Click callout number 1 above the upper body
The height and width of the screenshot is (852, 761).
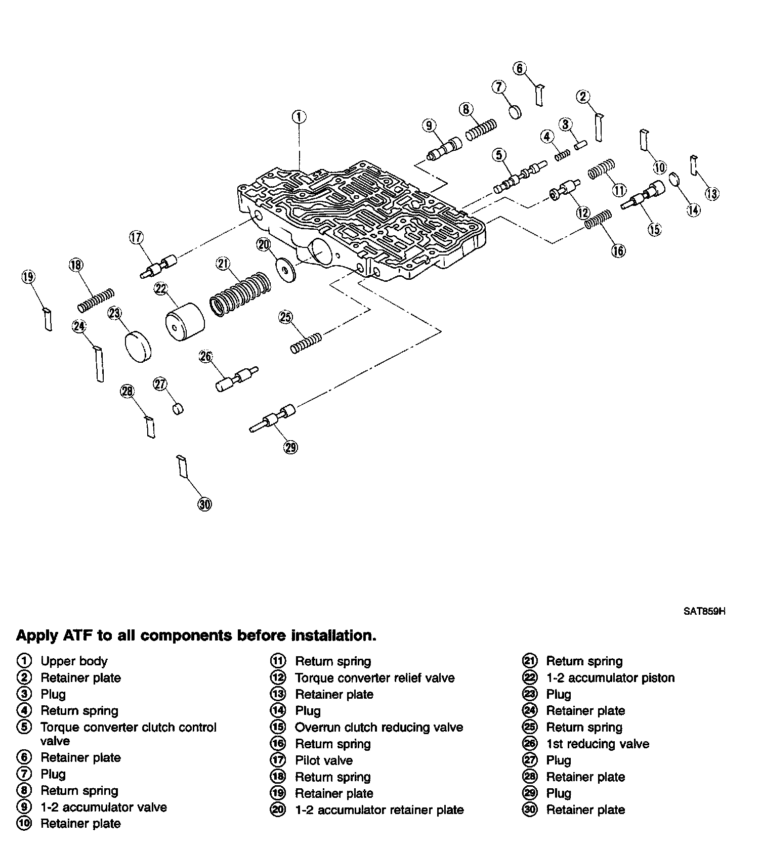pos(299,117)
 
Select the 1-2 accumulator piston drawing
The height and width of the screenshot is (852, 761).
pos(185,322)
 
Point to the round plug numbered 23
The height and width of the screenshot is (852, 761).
pos(139,346)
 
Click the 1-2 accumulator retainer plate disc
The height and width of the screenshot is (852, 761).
pos(286,270)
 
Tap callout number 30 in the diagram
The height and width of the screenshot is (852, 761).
pos(204,504)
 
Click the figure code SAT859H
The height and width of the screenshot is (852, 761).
pos(704,611)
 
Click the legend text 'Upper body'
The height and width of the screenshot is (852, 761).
pos(74,661)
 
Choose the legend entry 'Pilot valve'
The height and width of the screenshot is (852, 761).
pos(324,760)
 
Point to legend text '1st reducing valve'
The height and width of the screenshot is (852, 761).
pos(598,744)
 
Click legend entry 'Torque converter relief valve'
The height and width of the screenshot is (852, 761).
pos(374,677)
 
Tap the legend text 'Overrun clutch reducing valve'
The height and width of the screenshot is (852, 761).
pos(379,727)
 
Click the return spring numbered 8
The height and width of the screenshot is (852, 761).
pos(481,129)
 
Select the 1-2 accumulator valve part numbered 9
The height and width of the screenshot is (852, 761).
pos(444,148)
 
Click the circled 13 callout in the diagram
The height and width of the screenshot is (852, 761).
pos(712,194)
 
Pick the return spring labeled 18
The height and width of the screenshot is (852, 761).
pos(96,301)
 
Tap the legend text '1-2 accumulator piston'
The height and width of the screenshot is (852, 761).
pos(610,677)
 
